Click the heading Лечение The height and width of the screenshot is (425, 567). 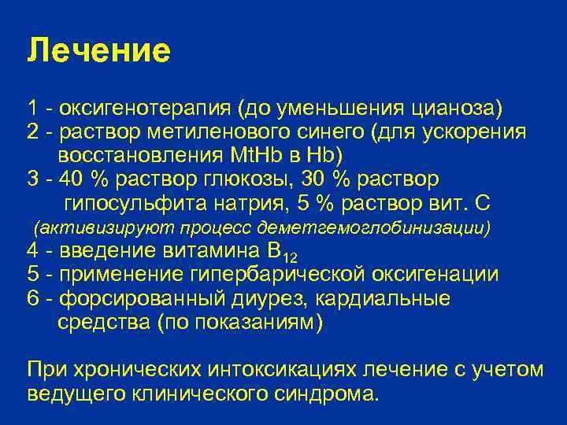[x=98, y=50]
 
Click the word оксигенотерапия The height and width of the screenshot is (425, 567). [x=146, y=107]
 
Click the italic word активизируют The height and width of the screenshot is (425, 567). [x=87, y=228]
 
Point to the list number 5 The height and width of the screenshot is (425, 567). [x=32, y=274]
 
